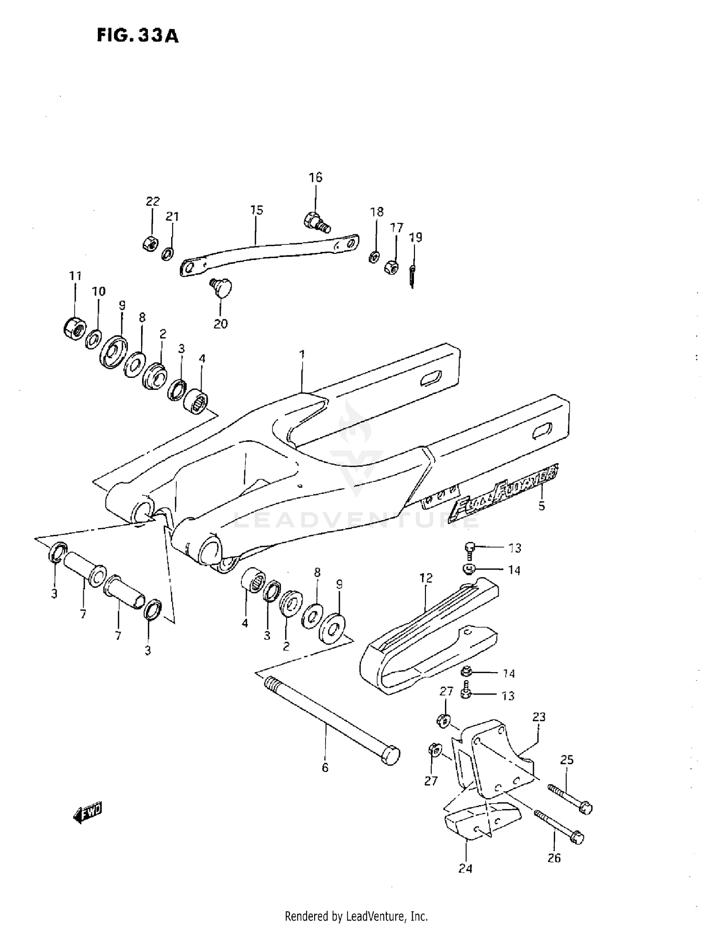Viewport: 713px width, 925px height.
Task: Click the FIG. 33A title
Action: [137, 36]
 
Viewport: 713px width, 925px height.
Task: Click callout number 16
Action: [315, 177]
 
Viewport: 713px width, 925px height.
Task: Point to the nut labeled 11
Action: [75, 327]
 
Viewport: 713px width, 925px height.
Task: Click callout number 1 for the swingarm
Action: [302, 355]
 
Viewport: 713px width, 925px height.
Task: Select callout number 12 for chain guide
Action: [426, 578]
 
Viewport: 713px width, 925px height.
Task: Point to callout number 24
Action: [465, 868]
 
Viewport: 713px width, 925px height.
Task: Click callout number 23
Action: [539, 716]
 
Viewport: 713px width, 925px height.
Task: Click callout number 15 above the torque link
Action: [256, 210]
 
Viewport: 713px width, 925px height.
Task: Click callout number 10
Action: [98, 291]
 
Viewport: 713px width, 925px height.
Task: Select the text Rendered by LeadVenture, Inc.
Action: [356, 915]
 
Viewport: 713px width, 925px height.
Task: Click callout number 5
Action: [541, 506]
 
